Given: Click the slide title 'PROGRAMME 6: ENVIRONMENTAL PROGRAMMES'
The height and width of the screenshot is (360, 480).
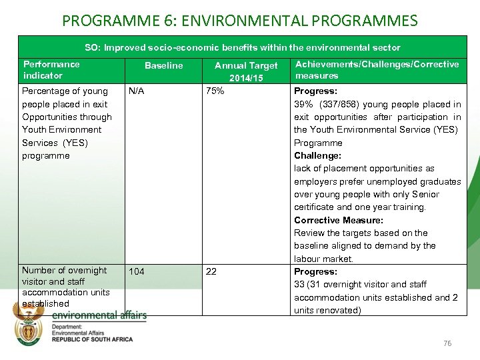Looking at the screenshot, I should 239,19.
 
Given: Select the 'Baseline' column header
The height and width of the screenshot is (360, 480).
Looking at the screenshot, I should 163,66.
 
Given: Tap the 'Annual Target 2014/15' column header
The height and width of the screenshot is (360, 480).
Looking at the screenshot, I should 245,71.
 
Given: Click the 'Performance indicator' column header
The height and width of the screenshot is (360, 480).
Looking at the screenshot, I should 51,70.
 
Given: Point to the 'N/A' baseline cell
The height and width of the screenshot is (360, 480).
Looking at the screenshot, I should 137,91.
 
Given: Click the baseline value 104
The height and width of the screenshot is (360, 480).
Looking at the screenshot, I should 137,272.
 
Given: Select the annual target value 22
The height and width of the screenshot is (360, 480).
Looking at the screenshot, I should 211,272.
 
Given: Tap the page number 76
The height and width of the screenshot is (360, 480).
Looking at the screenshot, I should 447,343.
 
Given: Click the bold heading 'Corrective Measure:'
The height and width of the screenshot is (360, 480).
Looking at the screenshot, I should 339,220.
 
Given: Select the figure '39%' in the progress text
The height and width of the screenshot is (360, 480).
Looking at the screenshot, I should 303,104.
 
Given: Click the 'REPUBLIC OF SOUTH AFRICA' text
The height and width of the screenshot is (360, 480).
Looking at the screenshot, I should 92,339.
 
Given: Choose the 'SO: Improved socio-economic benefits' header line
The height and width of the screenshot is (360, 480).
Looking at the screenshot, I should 243,47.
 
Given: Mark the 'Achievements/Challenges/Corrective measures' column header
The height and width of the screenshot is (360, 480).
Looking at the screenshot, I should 377,70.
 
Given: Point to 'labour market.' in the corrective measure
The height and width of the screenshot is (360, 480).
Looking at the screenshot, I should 323,259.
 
